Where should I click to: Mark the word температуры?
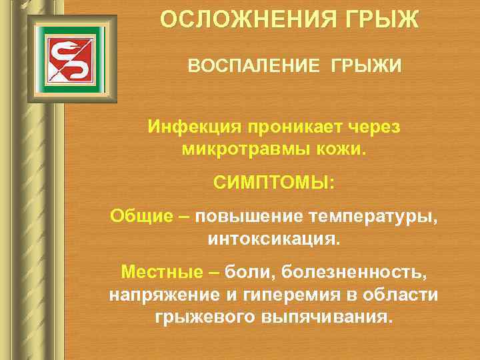(373, 216)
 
